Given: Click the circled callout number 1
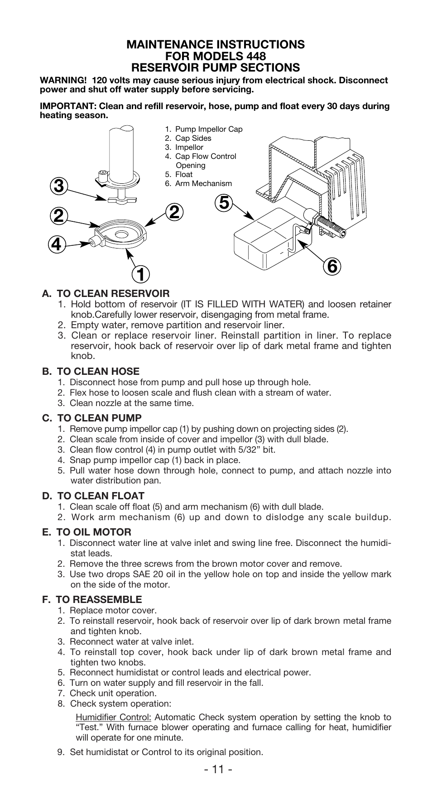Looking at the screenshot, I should coord(141,274).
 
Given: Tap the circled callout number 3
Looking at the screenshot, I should coord(59,186).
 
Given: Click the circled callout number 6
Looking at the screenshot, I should coord(332,267).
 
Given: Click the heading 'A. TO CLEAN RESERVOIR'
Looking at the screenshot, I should coord(106,293).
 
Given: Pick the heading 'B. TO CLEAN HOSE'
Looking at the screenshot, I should coord(91,371).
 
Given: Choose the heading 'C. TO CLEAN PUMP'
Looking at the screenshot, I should coord(92,418).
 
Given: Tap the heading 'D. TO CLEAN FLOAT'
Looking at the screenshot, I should coord(93,496).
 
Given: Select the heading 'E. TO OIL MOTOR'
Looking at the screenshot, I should coord(87,532).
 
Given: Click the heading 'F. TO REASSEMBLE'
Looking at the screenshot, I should coord(92,599).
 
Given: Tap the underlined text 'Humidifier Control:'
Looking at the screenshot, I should coord(113,717).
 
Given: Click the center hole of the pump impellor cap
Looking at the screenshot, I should coord(121,234).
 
